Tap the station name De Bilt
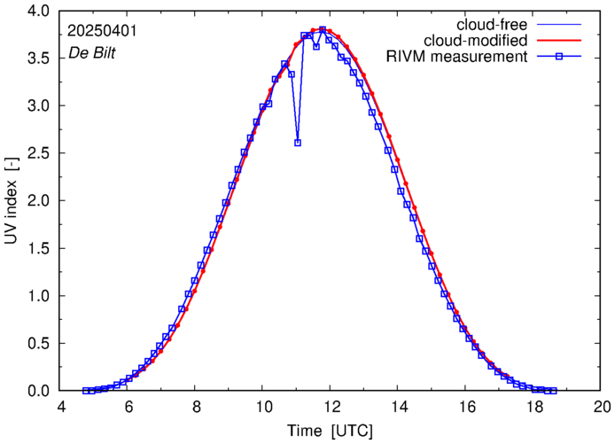click(x=92, y=52)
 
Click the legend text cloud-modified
click(x=477, y=41)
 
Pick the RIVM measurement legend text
click(x=457, y=58)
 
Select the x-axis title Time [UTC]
click(x=330, y=431)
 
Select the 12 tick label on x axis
click(x=331, y=407)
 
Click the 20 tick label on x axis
click(x=602, y=407)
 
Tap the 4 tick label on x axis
click(x=60, y=407)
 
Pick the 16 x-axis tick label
click(x=466, y=407)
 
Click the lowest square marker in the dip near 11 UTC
click(x=298, y=143)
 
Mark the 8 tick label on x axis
click(x=196, y=407)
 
